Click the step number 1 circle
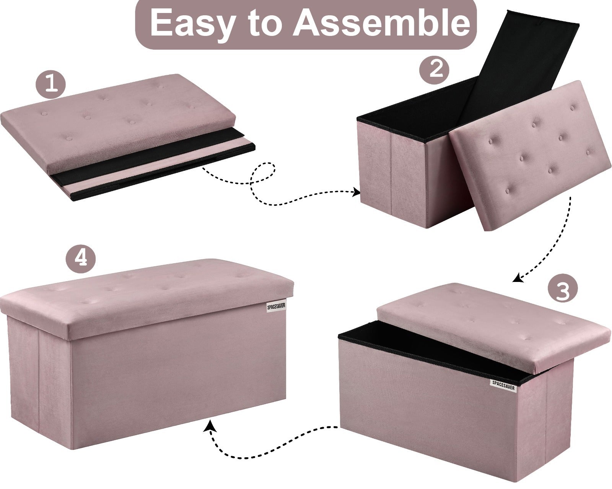(x=50, y=84)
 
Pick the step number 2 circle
(x=434, y=69)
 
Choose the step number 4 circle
(x=81, y=258)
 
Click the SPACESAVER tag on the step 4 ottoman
(x=276, y=307)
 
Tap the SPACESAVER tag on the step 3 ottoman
(x=504, y=385)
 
